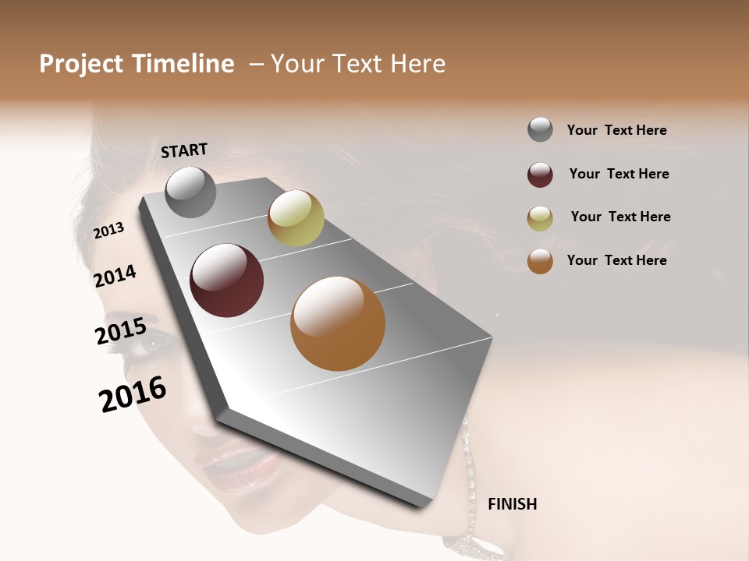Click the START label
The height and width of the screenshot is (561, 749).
[x=184, y=150]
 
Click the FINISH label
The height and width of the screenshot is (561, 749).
[x=512, y=504]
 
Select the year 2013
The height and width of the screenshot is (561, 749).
[x=109, y=230]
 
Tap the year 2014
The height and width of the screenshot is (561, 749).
[x=115, y=276]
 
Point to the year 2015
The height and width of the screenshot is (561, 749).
[x=121, y=331]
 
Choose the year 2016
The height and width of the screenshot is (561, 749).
[x=133, y=394]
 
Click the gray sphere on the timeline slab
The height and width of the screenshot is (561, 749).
[x=190, y=192]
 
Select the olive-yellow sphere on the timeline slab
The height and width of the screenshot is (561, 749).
[x=296, y=218]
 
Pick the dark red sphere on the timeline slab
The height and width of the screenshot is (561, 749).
[x=227, y=280]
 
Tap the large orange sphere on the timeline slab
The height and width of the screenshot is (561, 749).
[x=338, y=323]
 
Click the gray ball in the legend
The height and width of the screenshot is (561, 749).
[x=540, y=129]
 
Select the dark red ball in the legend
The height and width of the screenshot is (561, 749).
[x=540, y=175]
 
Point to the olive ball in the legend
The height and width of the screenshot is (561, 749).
[x=540, y=218]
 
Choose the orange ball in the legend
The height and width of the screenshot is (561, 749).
[x=540, y=261]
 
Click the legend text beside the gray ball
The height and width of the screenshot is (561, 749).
[x=616, y=130]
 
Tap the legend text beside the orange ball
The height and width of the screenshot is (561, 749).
[x=616, y=260]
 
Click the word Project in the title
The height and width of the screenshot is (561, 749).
[x=80, y=64]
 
